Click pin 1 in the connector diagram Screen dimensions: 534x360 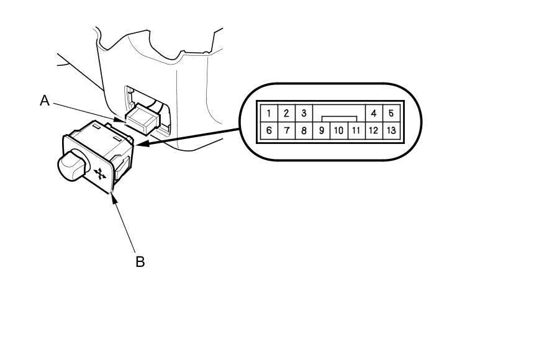click(269, 113)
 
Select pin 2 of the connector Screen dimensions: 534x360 click(286, 113)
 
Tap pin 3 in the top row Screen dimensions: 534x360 click(304, 113)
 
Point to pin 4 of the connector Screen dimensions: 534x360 click(374, 113)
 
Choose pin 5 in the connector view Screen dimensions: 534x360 click(391, 113)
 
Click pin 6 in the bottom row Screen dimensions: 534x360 click(269, 130)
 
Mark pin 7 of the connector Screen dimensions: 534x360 click(286, 130)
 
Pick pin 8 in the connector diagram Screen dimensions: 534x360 click(304, 130)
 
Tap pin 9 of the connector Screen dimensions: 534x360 click(321, 130)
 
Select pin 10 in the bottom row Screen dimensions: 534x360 click(338, 130)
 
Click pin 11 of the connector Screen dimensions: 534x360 click(356, 130)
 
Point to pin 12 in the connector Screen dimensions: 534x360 click(374, 130)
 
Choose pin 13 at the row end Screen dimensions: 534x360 click(391, 130)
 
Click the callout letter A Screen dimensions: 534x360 click(45, 101)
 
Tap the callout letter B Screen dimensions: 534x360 click(140, 261)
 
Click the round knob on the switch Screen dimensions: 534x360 click(73, 166)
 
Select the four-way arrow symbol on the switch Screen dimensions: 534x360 click(100, 173)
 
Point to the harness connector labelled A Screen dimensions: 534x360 click(142, 119)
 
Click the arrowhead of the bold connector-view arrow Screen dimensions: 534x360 click(142, 143)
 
